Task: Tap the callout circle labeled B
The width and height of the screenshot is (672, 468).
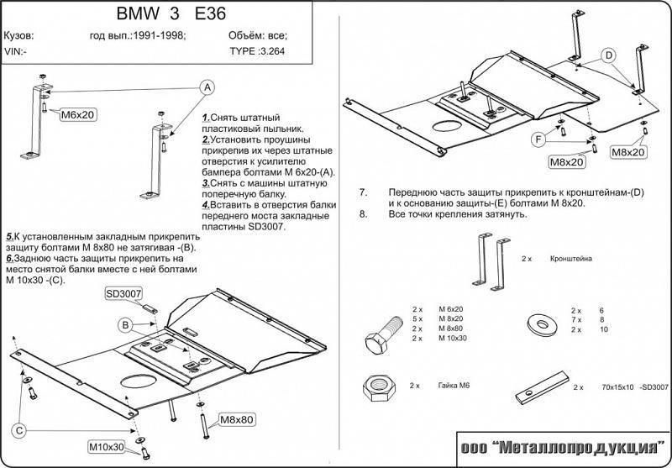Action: (123, 325)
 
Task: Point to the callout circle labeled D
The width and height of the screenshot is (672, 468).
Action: (607, 55)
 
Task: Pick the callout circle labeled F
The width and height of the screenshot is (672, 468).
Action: (534, 139)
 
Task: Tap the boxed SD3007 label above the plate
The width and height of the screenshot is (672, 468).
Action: (123, 293)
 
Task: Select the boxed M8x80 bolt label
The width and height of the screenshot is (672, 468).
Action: (238, 418)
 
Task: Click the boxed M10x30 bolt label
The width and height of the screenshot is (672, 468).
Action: (107, 445)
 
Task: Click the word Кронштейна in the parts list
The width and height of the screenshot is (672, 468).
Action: (571, 260)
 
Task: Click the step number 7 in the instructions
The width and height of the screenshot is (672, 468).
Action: (363, 192)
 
